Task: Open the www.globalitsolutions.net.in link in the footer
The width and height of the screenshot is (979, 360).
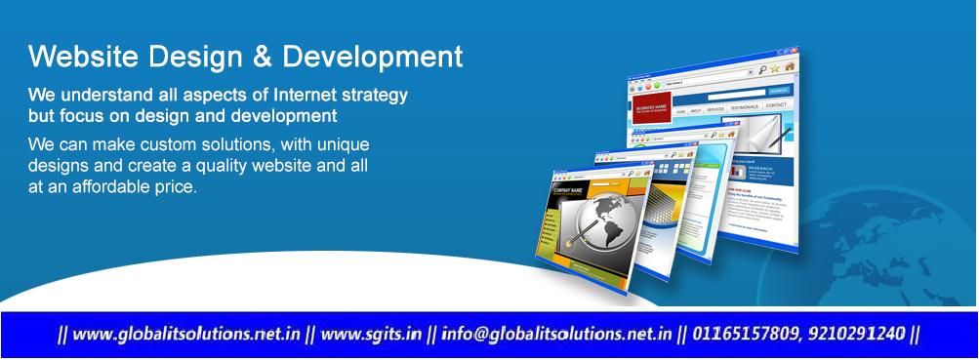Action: point(185,334)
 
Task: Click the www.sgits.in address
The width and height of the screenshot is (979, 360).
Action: point(371,334)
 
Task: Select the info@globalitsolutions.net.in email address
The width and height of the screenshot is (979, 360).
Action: point(556,334)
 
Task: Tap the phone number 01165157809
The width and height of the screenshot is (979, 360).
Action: point(742,334)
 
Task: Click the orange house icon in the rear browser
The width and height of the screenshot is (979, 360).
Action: point(791,67)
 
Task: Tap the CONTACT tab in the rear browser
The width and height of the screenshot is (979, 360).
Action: point(776,105)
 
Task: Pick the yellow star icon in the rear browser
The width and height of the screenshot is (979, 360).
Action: point(775,68)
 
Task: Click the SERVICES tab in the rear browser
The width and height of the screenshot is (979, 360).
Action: point(715,109)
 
